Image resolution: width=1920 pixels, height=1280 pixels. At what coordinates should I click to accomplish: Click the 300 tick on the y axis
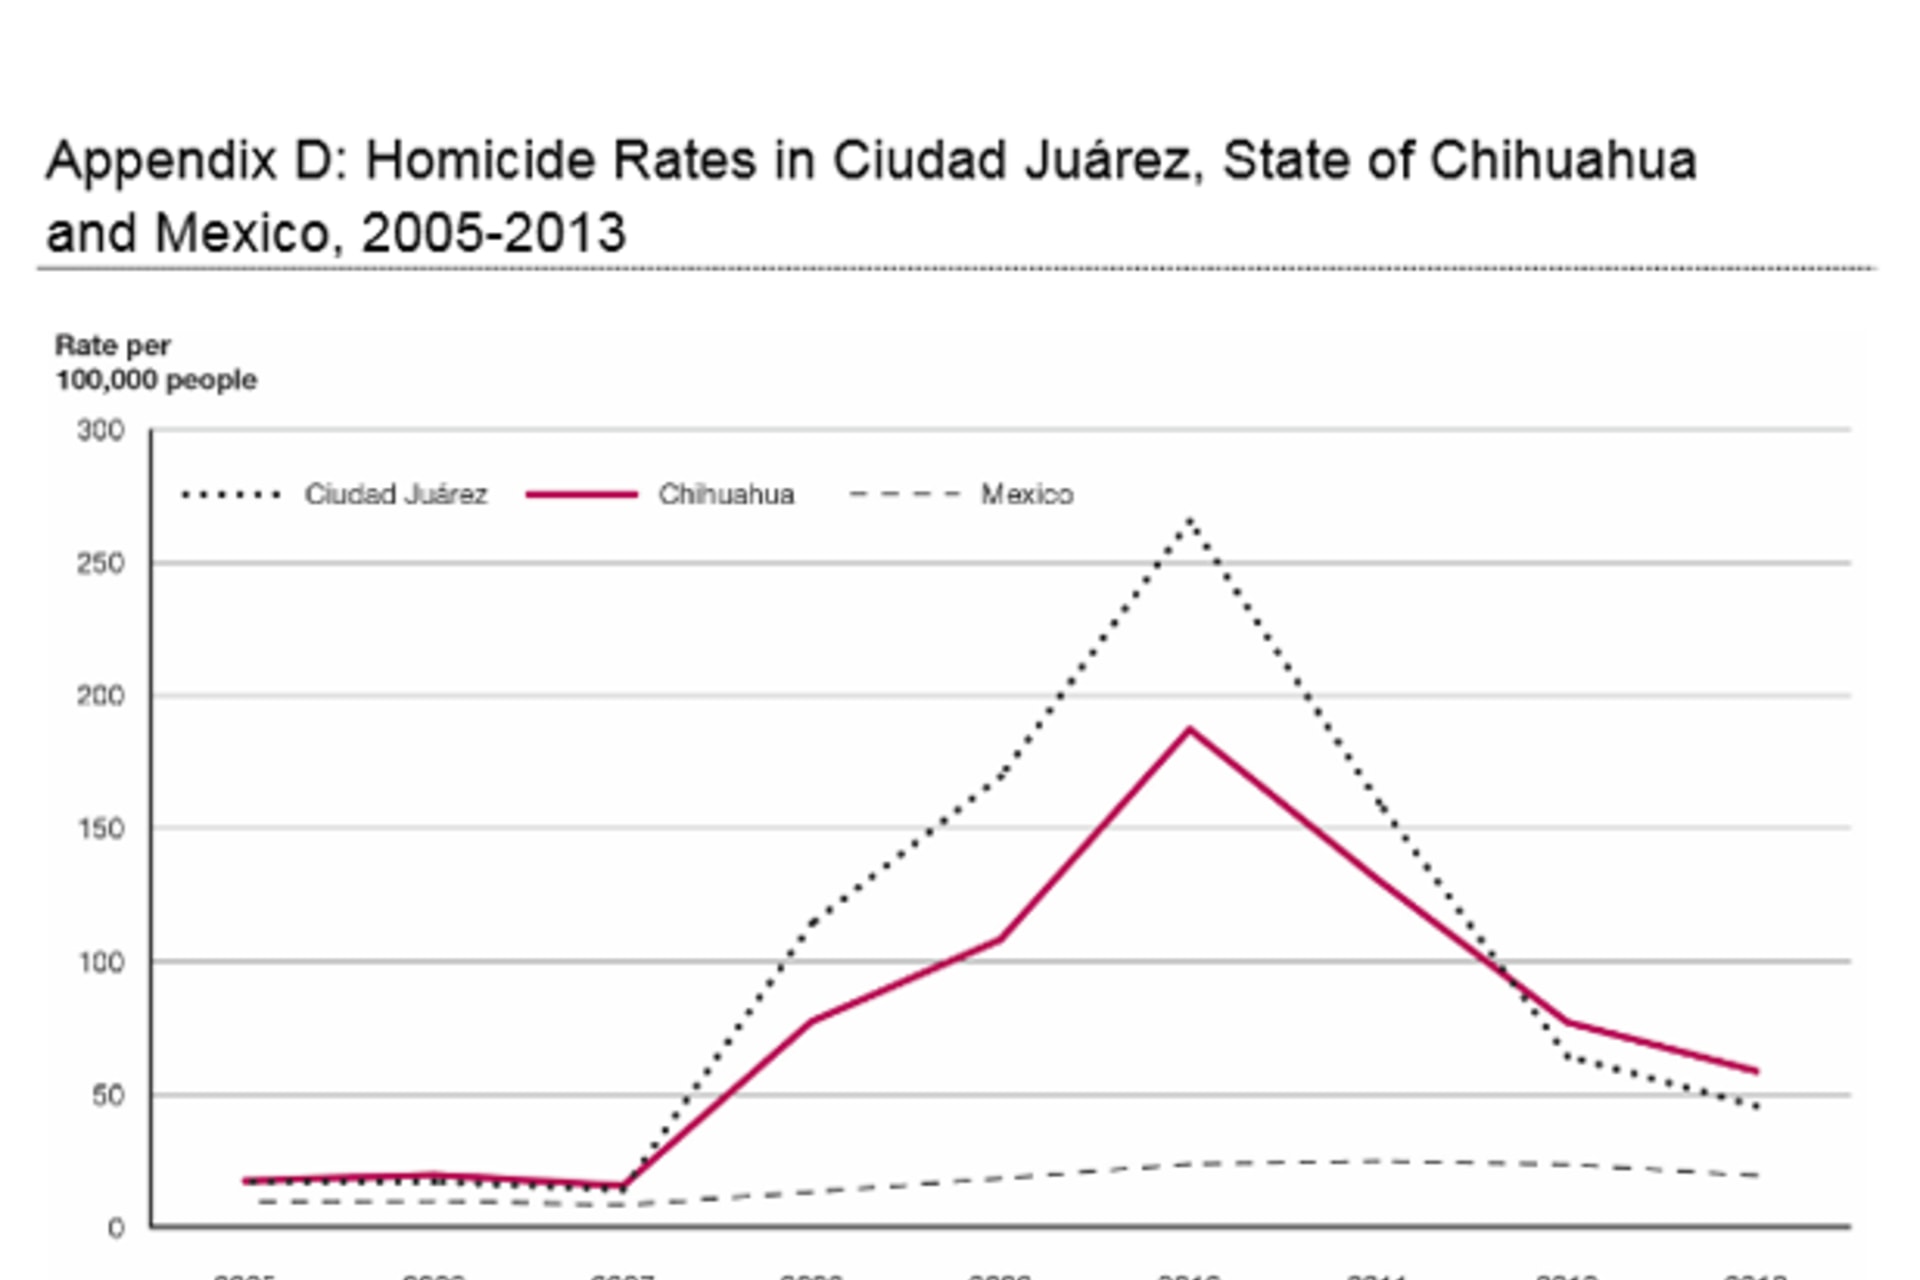click(101, 431)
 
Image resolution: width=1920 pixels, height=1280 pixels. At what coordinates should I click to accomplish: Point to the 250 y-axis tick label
click(101, 564)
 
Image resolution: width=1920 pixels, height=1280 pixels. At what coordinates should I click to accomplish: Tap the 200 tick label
click(101, 696)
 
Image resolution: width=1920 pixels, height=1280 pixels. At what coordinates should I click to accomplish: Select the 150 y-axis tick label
click(101, 829)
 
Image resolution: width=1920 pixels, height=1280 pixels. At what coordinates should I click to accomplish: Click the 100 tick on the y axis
click(101, 962)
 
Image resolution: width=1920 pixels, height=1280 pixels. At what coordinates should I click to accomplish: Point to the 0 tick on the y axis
click(116, 1228)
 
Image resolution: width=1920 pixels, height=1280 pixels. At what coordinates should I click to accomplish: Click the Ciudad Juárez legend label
click(396, 495)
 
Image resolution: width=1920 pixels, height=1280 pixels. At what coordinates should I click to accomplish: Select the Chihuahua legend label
click(726, 495)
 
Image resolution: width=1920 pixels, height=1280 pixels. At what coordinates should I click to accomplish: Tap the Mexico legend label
click(1027, 495)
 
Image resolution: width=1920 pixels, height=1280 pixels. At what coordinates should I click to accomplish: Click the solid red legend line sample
click(582, 495)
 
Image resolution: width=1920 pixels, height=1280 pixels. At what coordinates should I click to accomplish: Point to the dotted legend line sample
click(231, 495)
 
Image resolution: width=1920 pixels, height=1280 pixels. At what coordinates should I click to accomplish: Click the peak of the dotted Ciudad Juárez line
click(1190, 519)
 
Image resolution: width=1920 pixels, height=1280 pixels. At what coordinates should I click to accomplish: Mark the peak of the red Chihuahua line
click(1190, 729)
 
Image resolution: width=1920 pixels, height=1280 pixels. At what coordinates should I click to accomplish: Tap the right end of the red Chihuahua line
click(1756, 1072)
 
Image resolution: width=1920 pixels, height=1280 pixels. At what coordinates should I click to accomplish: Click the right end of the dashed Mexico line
click(1756, 1176)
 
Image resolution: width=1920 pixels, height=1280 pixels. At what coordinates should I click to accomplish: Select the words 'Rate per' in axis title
click(113, 346)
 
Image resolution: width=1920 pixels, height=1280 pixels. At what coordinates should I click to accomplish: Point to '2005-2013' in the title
click(493, 233)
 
